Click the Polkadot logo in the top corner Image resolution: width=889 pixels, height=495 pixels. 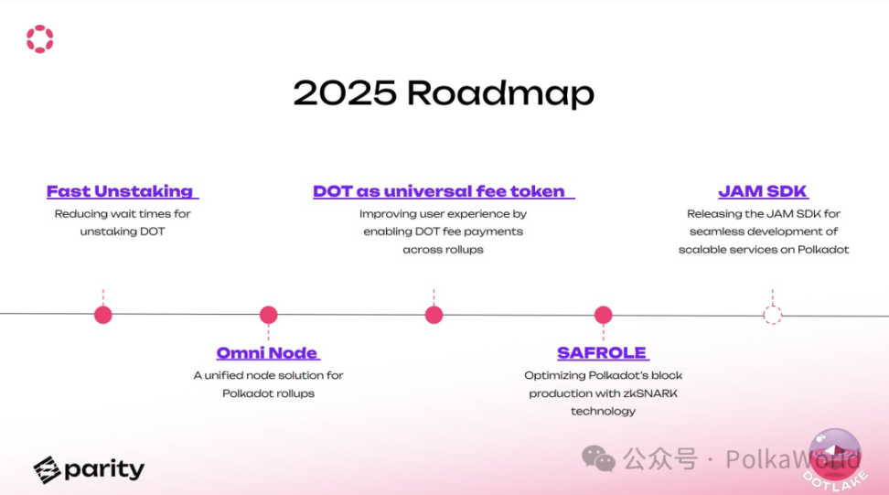pos(39,39)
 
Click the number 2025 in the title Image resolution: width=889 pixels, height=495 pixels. pos(345,92)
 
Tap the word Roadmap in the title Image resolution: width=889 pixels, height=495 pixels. pos(500,93)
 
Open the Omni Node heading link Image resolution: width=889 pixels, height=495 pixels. pos(267,352)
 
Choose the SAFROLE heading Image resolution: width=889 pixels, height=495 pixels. pos(602,352)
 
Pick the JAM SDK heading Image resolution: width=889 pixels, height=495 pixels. pos(763,191)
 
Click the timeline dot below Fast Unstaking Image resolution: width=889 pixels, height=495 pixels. pos(103,315)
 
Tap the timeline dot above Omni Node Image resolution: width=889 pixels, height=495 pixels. pos(269,315)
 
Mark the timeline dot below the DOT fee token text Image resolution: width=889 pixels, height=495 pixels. pos(434,315)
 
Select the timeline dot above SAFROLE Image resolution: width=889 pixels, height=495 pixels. pos(604,315)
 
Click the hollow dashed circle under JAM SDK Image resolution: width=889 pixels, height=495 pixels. pos(772,307)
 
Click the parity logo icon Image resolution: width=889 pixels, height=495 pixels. pos(47,470)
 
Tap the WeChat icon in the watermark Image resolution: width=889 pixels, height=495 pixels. pos(598,458)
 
